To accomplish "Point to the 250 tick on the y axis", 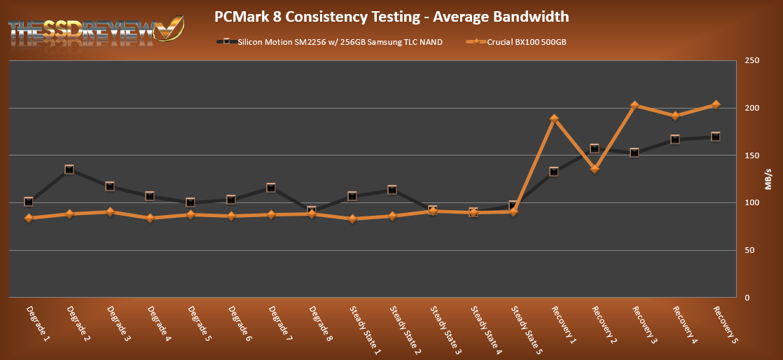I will point(752,61).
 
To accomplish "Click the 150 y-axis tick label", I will point(752,155).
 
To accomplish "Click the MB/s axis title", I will point(769,179).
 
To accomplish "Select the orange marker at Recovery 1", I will point(554,119).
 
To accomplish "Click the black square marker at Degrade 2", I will point(69,169).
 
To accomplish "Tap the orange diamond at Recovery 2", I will point(595,169).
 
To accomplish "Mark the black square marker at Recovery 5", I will point(715,137).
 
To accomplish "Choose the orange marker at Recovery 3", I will point(635,106).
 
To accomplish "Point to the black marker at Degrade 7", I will point(271,188).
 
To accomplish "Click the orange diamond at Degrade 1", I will point(29,218).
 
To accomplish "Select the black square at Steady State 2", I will point(392,190).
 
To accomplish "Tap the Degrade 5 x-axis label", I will point(199,323).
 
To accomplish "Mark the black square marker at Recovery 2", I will point(595,148).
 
